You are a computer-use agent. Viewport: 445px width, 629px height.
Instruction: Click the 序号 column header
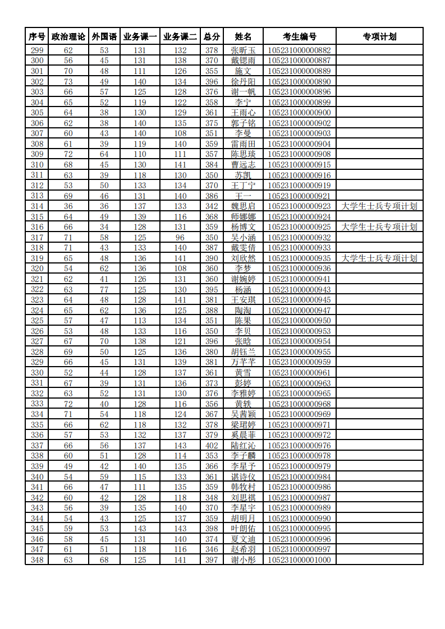pyautogui.click(x=37, y=37)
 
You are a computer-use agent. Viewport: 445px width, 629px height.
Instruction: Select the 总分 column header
pyautogui.click(x=212, y=37)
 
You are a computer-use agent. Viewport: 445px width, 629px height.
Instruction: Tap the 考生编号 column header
pyautogui.click(x=299, y=37)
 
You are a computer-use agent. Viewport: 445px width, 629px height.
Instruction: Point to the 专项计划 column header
pyautogui.click(x=379, y=37)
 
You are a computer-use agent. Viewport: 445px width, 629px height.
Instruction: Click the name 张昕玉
pyautogui.click(x=243, y=50)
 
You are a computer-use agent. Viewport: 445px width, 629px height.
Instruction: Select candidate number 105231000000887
pyautogui.click(x=299, y=61)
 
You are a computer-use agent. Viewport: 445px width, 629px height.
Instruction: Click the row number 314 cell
pyautogui.click(x=37, y=206)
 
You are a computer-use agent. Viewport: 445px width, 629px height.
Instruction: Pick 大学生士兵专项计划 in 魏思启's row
pyautogui.click(x=379, y=206)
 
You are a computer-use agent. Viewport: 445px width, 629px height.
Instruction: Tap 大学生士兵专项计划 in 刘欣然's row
pyautogui.click(x=379, y=258)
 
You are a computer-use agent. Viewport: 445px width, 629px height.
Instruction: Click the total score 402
pyautogui.click(x=212, y=446)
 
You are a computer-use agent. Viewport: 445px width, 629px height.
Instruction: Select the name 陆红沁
pyautogui.click(x=243, y=446)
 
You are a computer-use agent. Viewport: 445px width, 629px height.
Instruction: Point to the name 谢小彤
pyautogui.click(x=243, y=560)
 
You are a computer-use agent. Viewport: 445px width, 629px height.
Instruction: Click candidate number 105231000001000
pyautogui.click(x=299, y=560)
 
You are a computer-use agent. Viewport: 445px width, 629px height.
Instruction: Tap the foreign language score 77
pyautogui.click(x=104, y=290)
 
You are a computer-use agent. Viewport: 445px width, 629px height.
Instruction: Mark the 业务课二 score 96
pyautogui.click(x=180, y=238)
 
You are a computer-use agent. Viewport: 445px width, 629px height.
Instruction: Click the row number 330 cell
pyautogui.click(x=37, y=373)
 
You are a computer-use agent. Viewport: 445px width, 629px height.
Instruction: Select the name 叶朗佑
pyautogui.click(x=243, y=529)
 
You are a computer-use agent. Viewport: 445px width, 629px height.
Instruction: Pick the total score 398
pyautogui.click(x=212, y=529)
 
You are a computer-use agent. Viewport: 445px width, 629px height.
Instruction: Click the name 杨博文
pyautogui.click(x=243, y=227)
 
